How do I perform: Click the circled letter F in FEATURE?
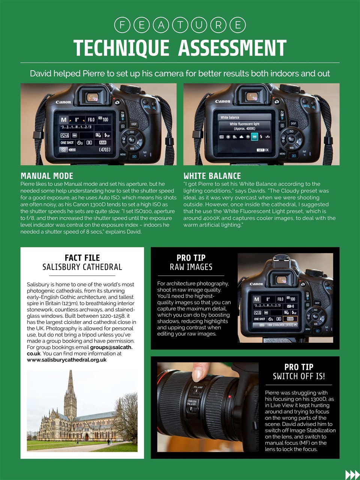[x=122, y=25]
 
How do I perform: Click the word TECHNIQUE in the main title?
[x=121, y=48]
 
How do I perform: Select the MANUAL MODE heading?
[x=47, y=176]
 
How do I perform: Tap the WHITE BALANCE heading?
[x=212, y=176]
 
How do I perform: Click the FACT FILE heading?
[x=82, y=258]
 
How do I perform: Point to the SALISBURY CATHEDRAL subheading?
[x=82, y=267]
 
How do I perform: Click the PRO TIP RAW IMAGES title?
[x=191, y=262]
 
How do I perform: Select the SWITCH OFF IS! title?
[x=299, y=376]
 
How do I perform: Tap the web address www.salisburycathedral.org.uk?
[x=66, y=360]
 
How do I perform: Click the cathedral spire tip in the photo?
[x=70, y=372]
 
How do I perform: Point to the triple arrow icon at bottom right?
[x=352, y=474]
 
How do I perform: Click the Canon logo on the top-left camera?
[x=63, y=102]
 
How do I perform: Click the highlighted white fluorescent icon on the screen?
[x=254, y=137]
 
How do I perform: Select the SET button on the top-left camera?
[x=132, y=140]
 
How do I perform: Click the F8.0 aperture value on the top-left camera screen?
[x=91, y=120]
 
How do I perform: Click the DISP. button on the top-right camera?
[x=293, y=123]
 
